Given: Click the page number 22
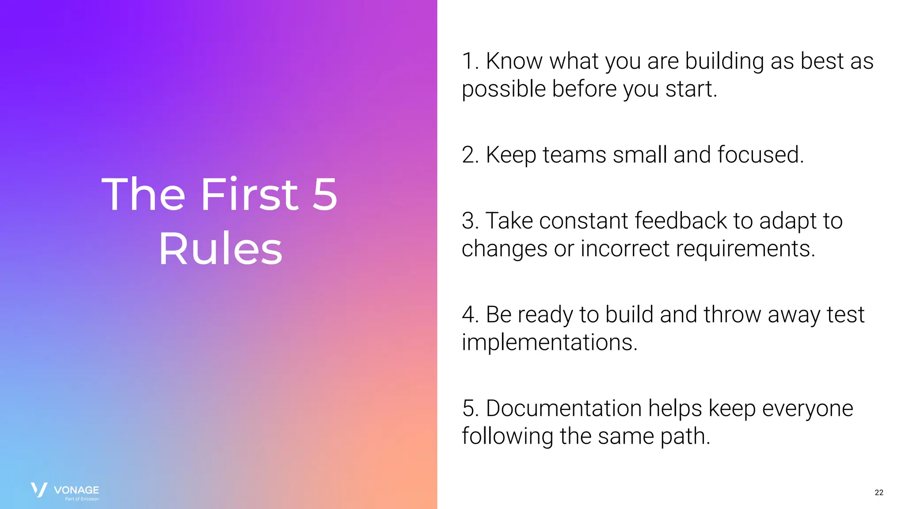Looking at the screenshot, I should click(x=878, y=492).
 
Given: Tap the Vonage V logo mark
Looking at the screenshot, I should click(x=39, y=490).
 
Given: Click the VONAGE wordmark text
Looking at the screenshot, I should click(x=76, y=490).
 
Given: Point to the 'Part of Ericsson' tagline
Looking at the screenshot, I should click(x=82, y=499).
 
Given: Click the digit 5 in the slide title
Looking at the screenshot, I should click(x=325, y=194).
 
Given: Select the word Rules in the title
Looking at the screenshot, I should click(x=220, y=249).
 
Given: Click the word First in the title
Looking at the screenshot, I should click(x=250, y=194).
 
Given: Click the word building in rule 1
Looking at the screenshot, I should click(x=724, y=61).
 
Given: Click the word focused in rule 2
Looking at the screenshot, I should click(x=760, y=155).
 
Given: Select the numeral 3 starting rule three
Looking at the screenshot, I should click(x=468, y=221).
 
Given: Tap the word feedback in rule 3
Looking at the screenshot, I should click(x=681, y=221).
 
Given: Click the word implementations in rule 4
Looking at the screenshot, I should click(x=549, y=342).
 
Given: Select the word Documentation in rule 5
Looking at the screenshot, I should click(x=563, y=408).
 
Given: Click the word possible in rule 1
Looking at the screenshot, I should click(x=504, y=90).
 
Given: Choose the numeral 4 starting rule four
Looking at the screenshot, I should click(x=468, y=315).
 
